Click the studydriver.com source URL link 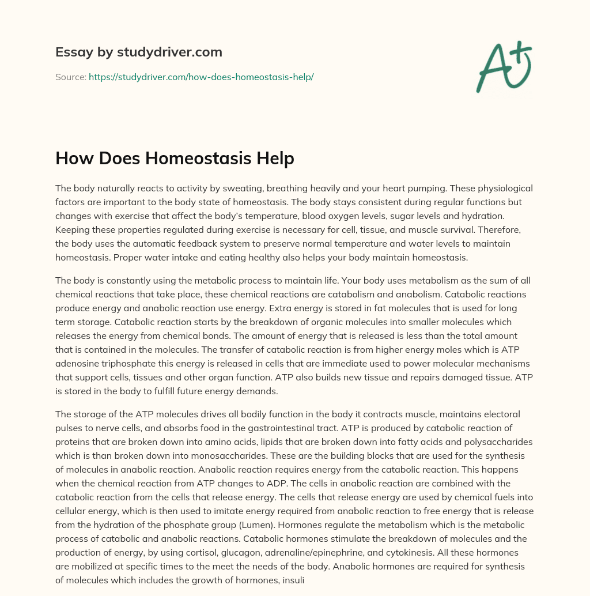coord(201,77)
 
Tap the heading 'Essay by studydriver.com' coord(139,52)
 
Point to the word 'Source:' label coord(71,77)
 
